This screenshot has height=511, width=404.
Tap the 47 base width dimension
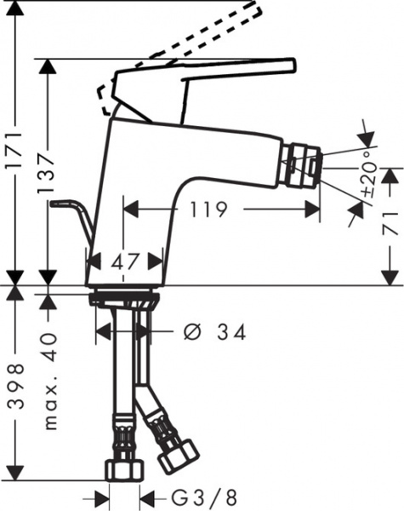pyautogui.click(x=125, y=262)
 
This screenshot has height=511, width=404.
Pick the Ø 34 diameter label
pyautogui.click(x=215, y=331)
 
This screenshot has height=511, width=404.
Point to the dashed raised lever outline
pyautogui.click(x=196, y=43)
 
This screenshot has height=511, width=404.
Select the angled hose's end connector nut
pyautogui.click(x=179, y=454)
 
